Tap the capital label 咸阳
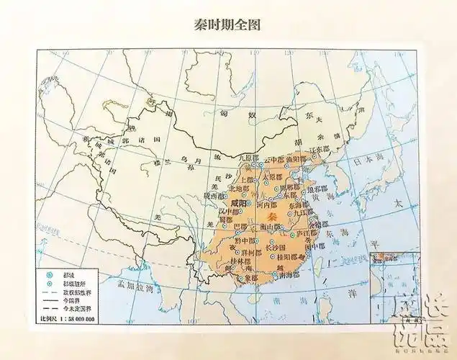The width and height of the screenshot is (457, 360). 240,204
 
